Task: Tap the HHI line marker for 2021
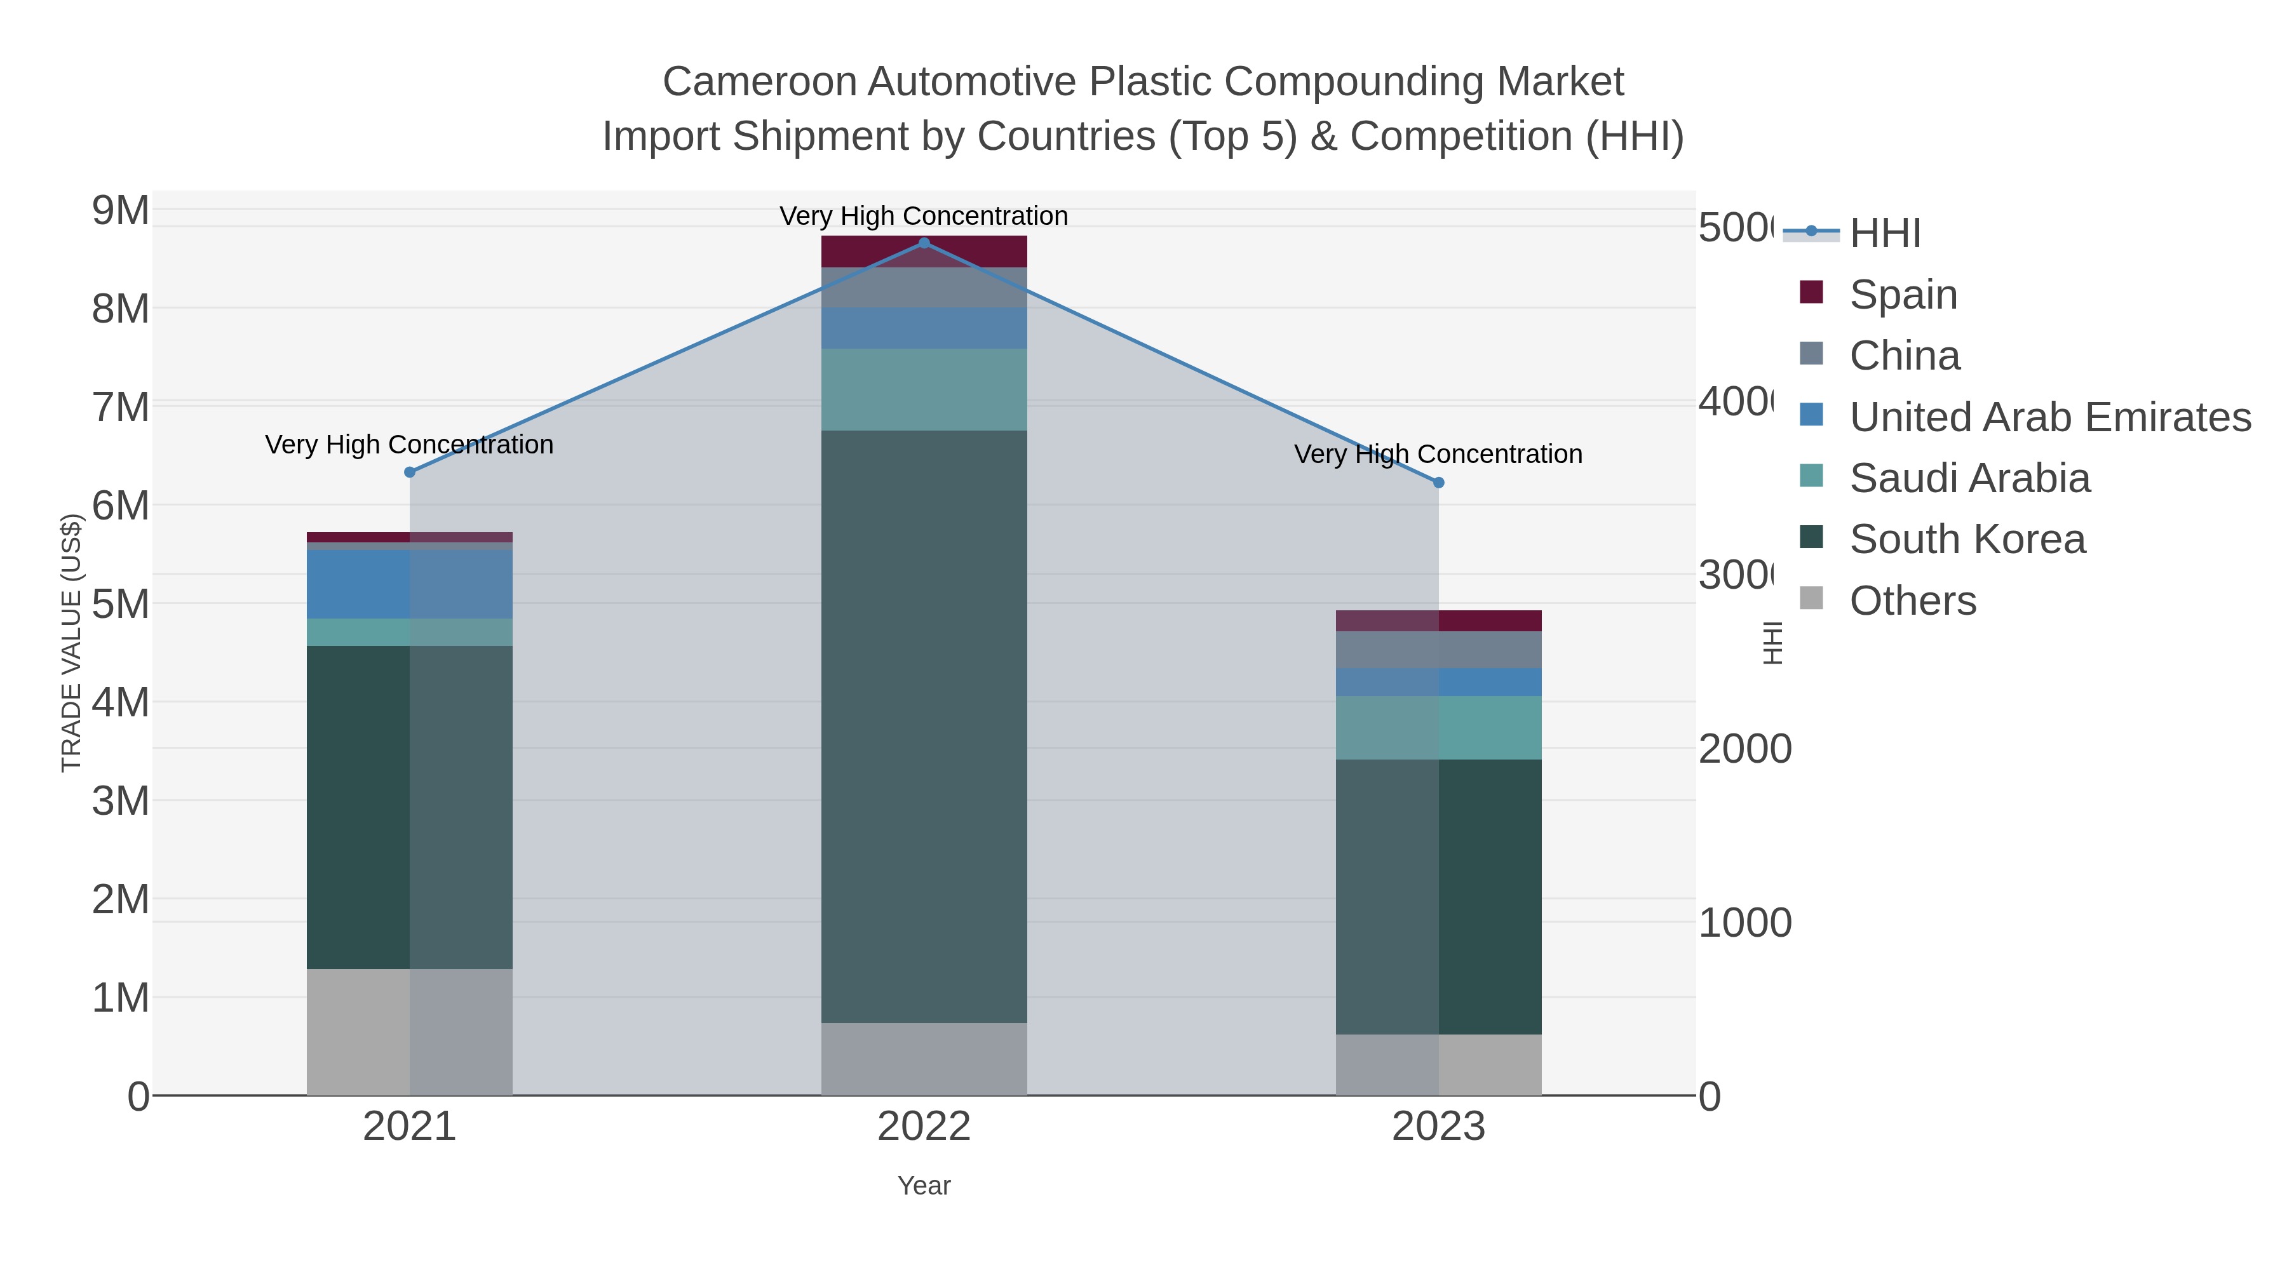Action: point(409,472)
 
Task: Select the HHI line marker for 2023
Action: point(1438,483)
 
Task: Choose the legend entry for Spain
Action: point(1903,294)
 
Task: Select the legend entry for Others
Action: point(1912,601)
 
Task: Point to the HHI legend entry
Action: point(1885,232)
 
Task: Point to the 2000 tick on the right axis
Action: point(1744,749)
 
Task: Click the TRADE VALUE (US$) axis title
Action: point(71,643)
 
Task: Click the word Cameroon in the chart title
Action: point(760,82)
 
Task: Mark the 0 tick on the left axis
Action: point(138,1097)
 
